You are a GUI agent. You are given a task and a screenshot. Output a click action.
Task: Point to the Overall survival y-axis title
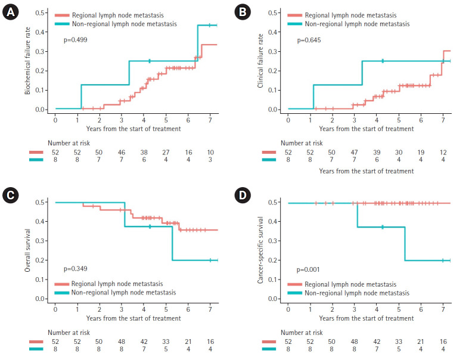tap(27, 250)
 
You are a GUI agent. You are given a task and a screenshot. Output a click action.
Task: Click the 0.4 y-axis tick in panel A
tap(42, 32)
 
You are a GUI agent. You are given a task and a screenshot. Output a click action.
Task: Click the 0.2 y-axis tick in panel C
tap(42, 260)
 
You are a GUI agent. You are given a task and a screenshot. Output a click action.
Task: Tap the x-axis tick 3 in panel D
tap(355, 308)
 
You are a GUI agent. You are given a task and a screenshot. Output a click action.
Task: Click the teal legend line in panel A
tap(63, 24)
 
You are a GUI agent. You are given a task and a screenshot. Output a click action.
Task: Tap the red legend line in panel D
tap(295, 284)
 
